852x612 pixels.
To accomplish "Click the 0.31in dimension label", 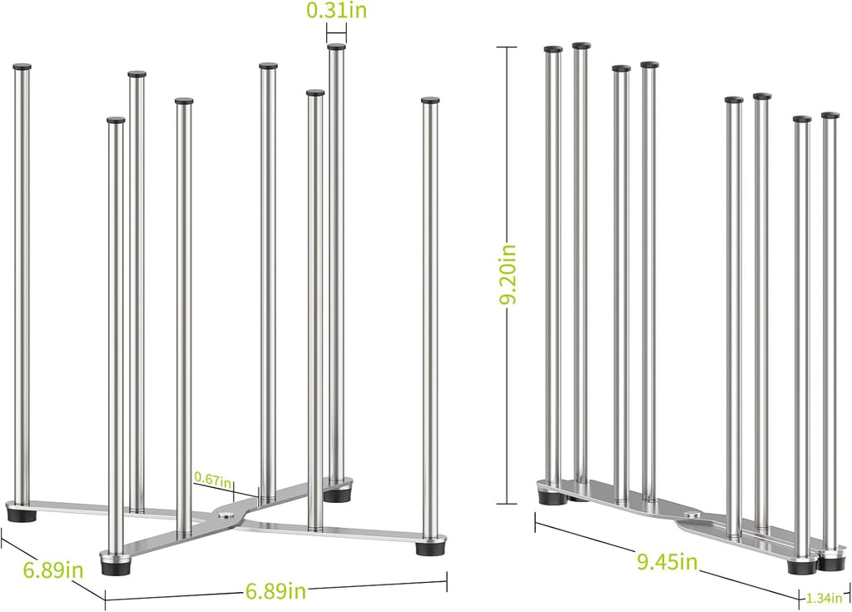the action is pos(336,11).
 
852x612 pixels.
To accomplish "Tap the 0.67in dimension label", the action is pos(213,479).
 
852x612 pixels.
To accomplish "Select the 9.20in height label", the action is pos(509,275).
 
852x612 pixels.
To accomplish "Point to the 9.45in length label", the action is pos(666,561).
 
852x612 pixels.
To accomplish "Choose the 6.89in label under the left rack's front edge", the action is pos(275,591).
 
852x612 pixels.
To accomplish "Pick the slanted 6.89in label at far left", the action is pos(53,570).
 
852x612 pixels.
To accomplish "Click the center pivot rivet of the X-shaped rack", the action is pos(223,514).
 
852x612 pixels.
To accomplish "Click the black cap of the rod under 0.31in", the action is pos(336,47).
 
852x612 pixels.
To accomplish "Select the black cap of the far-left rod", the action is pos(22,67).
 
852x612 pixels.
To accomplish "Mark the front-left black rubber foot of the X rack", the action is pos(114,565).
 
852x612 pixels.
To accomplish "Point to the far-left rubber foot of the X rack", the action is pos(21,514).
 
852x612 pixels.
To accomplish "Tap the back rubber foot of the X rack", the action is pos(337,495).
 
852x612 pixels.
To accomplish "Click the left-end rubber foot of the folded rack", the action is pos(551,496).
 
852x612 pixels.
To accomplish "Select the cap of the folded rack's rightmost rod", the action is pos(830,116).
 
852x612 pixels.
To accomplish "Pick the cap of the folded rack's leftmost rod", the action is pos(553,49).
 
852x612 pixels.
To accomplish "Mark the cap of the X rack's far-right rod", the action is pos(430,101).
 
